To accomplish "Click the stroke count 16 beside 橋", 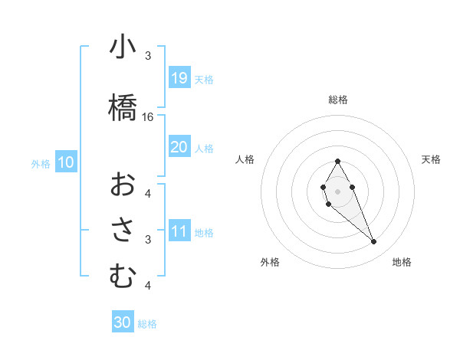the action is (x=148, y=117).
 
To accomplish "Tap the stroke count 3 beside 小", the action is (x=148, y=56).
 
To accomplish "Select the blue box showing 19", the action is (x=179, y=78).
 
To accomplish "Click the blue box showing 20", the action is (x=179, y=147).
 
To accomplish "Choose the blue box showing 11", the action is (x=179, y=231).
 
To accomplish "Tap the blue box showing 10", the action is (x=66, y=162).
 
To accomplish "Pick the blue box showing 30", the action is (x=123, y=322).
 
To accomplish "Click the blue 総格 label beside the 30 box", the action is (x=147, y=324).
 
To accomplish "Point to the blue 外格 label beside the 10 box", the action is (x=41, y=163).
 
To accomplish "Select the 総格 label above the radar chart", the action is (x=337, y=100).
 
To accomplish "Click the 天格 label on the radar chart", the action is (x=431, y=159).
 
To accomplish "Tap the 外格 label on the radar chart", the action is (x=270, y=262).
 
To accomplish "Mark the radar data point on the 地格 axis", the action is (x=373, y=242).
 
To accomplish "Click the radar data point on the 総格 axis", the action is (x=337, y=161).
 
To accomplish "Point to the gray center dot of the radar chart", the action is (x=337, y=190).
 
